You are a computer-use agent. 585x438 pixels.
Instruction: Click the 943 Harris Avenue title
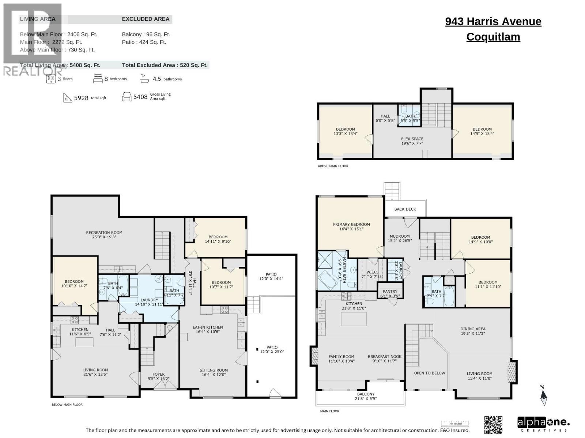tap(493, 22)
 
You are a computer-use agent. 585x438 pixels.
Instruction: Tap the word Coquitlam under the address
tap(493, 37)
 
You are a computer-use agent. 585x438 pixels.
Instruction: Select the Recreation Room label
tap(104, 235)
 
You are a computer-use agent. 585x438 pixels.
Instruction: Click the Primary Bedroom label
tap(351, 227)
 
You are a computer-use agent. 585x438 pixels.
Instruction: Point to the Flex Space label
tap(412, 141)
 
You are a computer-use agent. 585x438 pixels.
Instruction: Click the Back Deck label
tap(405, 209)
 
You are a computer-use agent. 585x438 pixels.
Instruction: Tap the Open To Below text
tap(429, 373)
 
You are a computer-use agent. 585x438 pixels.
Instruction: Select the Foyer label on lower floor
tap(158, 376)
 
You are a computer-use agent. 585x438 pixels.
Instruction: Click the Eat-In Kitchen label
tap(207, 329)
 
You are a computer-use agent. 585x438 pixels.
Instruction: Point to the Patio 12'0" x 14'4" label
tap(271, 276)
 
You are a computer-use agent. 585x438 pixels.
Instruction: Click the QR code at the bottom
tap(493, 425)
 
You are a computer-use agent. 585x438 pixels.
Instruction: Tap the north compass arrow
tap(543, 397)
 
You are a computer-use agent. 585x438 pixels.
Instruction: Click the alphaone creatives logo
tap(543, 424)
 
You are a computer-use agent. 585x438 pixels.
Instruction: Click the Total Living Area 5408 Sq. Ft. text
tap(60, 65)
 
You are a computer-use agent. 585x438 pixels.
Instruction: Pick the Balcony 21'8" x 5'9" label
tap(366, 396)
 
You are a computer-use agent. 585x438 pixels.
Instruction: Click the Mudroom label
tap(399, 238)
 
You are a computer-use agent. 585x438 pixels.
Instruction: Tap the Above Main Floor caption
tap(333, 166)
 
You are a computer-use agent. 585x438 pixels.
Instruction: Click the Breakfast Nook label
tap(384, 358)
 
